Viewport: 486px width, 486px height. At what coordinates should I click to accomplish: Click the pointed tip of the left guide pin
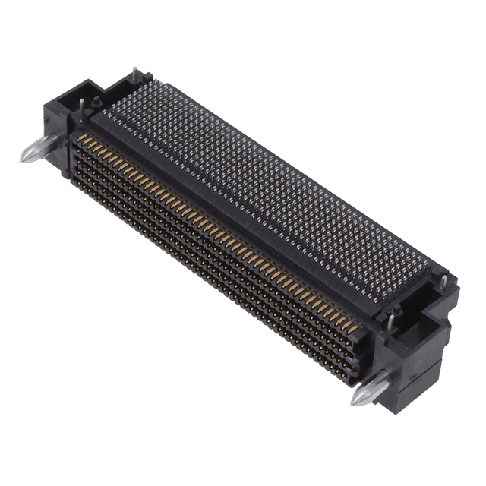23,157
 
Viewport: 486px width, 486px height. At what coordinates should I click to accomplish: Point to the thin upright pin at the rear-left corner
135,73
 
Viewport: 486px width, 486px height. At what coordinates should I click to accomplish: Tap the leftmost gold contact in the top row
80,137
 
